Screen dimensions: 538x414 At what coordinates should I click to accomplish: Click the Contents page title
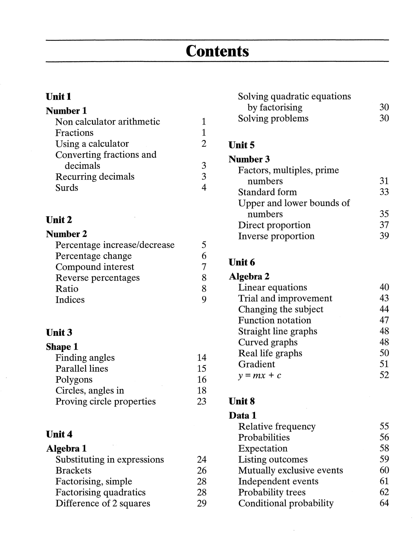tap(217, 51)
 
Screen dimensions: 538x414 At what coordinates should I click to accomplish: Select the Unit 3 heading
tap(59, 332)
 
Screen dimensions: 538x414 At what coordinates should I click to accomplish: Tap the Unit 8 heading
tap(241, 401)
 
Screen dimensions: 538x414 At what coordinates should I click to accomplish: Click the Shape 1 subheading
tap(62, 347)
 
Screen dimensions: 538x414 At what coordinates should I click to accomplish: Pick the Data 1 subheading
tap(242, 415)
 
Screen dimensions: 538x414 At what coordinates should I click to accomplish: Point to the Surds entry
tap(67, 188)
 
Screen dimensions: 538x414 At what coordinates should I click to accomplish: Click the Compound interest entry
tap(95, 267)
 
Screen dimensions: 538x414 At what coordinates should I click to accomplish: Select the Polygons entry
tap(74, 379)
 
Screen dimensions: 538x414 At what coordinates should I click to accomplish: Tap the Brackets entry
tap(73, 470)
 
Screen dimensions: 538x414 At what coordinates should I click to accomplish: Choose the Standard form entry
tap(267, 192)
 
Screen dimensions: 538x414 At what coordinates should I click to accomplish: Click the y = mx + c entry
tap(259, 375)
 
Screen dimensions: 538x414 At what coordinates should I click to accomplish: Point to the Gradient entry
tap(256, 364)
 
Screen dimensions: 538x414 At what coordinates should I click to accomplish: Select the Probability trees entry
tap(272, 492)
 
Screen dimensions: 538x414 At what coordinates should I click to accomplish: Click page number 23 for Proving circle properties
tap(202, 401)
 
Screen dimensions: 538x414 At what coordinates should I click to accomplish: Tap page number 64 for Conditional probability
tap(384, 503)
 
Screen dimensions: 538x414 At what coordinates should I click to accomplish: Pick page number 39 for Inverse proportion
tap(384, 236)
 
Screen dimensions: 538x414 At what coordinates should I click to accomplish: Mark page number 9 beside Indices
tap(204, 300)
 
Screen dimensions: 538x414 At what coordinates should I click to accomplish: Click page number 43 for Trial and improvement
tap(384, 298)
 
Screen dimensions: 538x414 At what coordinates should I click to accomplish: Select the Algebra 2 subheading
tap(249, 277)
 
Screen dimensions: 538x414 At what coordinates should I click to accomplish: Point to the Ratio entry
tap(67, 289)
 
